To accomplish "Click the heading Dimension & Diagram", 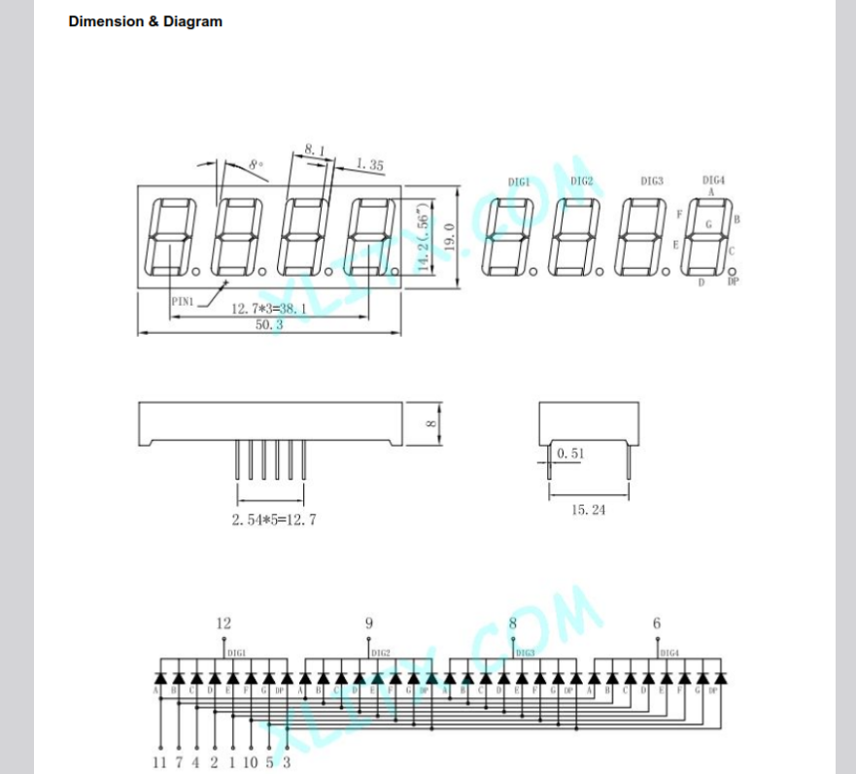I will click(x=145, y=21).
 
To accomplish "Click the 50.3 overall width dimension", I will click(x=268, y=325).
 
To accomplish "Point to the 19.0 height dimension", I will click(x=449, y=237).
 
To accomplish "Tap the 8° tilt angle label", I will click(x=256, y=166).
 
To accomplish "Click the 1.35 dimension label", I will click(x=369, y=165).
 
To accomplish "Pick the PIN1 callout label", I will click(x=184, y=301).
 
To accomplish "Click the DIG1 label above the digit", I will click(x=519, y=183).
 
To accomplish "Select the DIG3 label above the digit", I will click(x=652, y=181).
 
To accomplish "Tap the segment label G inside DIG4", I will click(x=707, y=224).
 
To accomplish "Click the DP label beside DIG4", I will click(x=733, y=282).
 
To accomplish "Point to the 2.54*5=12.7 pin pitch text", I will click(x=273, y=520).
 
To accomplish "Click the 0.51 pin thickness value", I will click(x=570, y=453).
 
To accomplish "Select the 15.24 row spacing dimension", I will click(x=588, y=510).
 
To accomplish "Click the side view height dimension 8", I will click(x=433, y=423).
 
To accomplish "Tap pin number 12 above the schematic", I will click(x=224, y=623).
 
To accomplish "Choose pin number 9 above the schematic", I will click(x=368, y=623).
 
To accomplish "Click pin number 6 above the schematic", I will click(x=657, y=623).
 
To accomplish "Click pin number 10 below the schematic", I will click(x=250, y=762).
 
